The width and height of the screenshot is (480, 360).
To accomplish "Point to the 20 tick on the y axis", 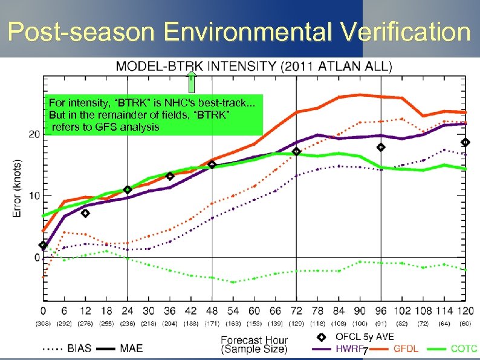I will [34, 134].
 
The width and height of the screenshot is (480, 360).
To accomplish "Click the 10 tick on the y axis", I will [34, 195].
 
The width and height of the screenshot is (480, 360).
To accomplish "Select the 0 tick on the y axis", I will [36, 258].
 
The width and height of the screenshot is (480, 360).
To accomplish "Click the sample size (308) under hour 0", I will [43, 324].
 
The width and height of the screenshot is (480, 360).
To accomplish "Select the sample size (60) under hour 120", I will [464, 324].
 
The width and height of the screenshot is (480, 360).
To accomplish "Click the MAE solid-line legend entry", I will [122, 349].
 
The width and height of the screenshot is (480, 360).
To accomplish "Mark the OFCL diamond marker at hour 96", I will [381, 147].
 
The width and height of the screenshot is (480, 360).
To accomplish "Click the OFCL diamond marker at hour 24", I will [128, 189].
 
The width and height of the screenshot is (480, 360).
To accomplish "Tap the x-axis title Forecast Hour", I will [253, 339].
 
